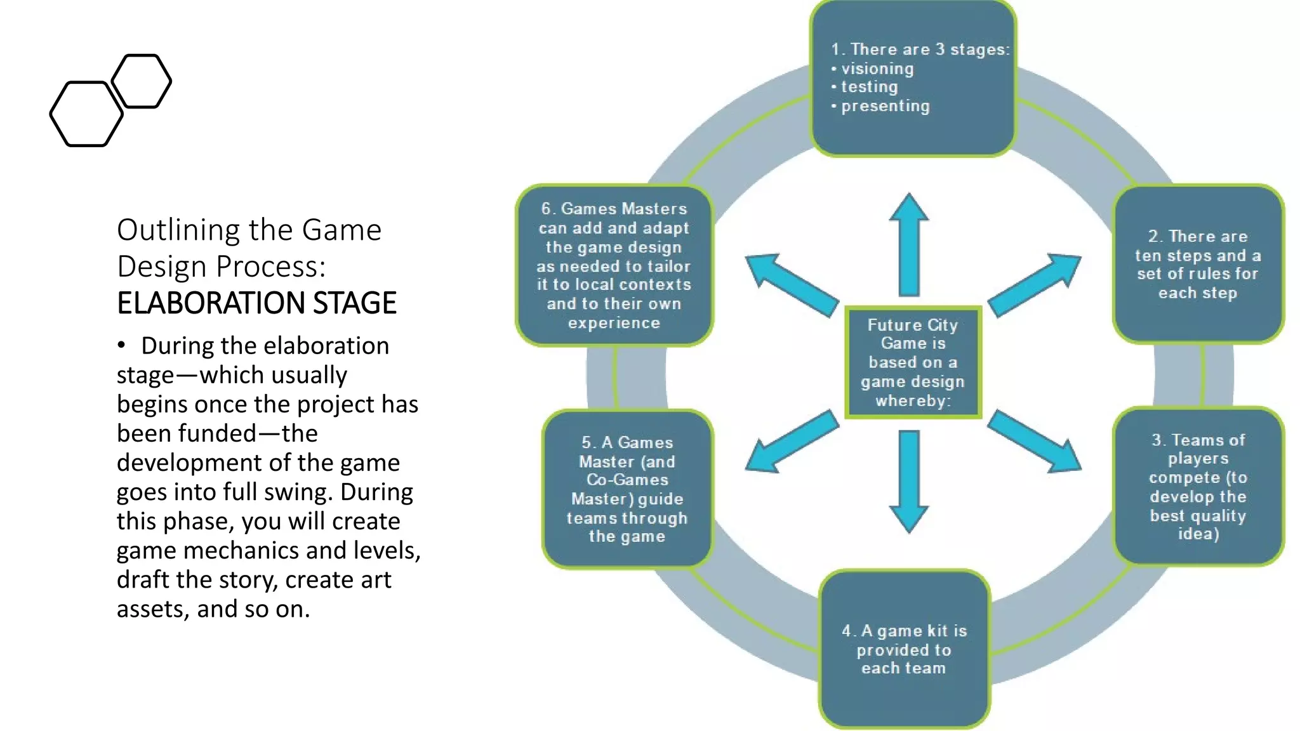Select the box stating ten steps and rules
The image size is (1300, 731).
(1197, 264)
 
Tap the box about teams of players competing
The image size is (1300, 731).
(1197, 486)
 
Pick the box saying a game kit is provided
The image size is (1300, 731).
(904, 649)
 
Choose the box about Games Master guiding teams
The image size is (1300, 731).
(627, 489)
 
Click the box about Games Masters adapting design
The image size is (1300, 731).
(614, 265)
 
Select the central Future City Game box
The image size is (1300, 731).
(913, 362)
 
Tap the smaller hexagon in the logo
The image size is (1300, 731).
(142, 81)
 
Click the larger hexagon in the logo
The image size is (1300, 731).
(86, 114)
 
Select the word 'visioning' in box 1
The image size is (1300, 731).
(877, 69)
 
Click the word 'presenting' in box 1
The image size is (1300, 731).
(885, 106)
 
